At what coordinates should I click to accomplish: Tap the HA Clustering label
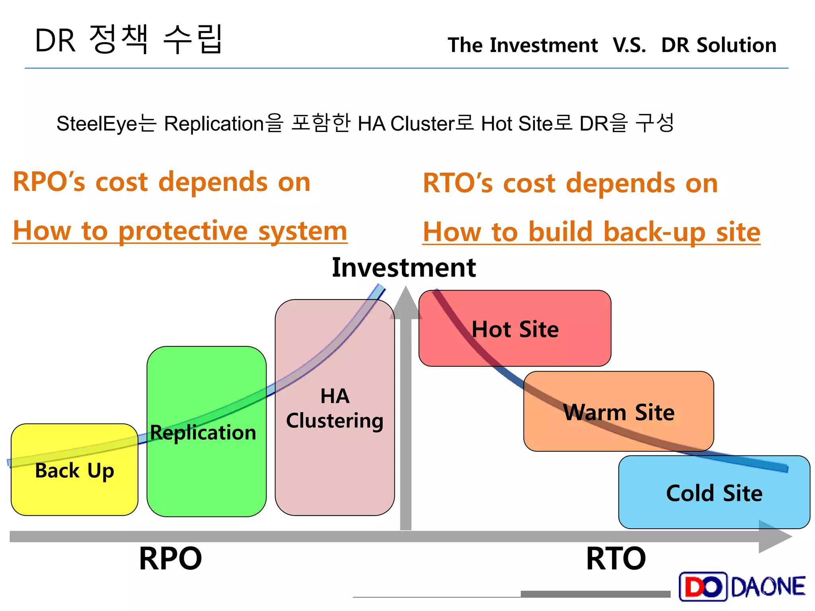[335, 409]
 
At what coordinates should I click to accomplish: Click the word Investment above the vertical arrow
[404, 267]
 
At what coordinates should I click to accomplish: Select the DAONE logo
[742, 587]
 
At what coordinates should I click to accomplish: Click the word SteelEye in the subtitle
[97, 124]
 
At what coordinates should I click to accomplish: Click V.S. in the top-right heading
[629, 45]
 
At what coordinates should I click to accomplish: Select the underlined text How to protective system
[180, 231]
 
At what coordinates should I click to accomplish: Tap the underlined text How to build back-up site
[591, 232]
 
